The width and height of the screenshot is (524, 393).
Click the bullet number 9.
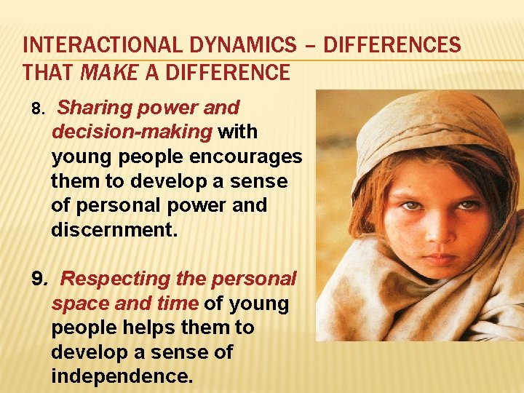coord(41,279)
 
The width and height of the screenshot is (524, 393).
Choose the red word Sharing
coord(88,108)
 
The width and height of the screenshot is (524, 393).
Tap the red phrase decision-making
coord(132,132)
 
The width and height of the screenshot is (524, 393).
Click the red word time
coord(178,303)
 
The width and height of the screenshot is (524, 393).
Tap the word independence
coord(122,377)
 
